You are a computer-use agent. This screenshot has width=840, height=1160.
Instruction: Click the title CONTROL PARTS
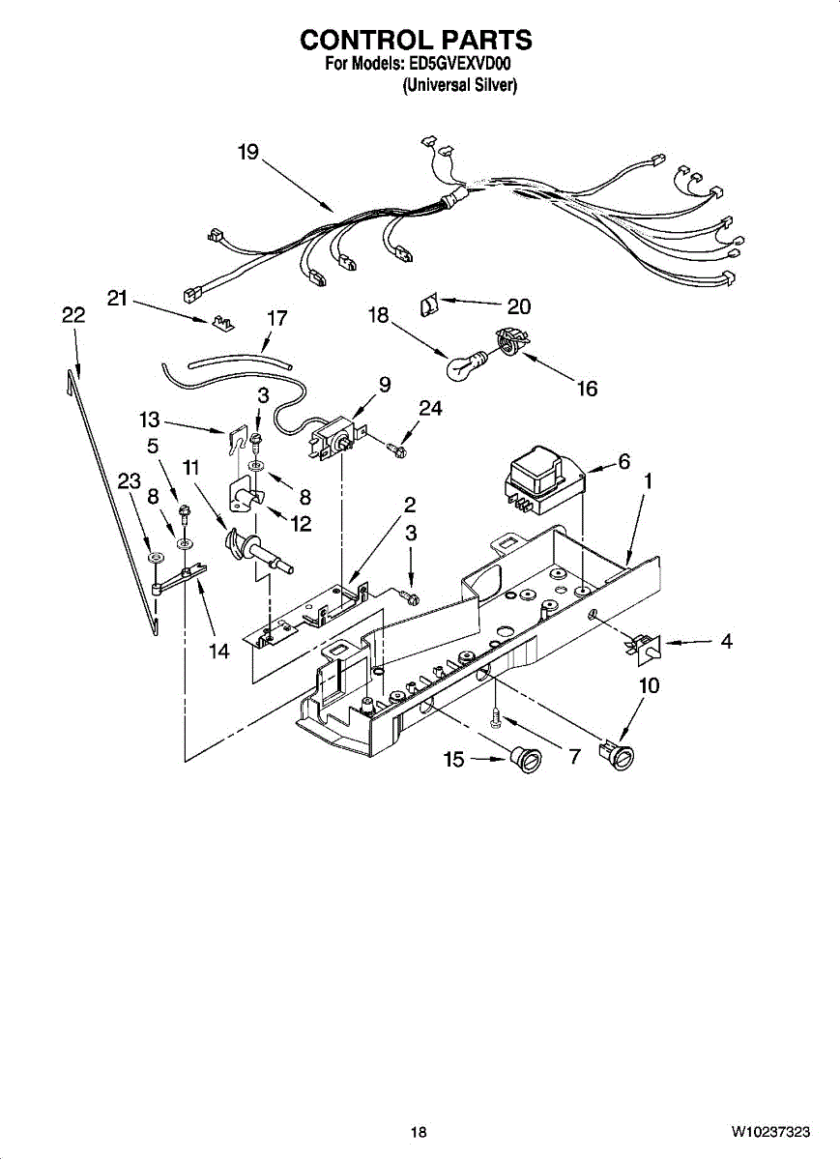[416, 40]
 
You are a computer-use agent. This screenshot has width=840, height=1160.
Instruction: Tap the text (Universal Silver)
[459, 85]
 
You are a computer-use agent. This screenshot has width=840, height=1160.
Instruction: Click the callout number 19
[248, 152]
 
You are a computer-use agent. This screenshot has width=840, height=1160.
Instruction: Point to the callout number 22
[72, 315]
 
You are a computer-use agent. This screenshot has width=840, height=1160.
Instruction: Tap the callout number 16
[587, 389]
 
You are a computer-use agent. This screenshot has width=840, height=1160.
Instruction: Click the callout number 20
[519, 306]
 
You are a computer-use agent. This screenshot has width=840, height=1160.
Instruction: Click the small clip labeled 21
[221, 321]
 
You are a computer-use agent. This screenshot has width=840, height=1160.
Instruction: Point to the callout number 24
[430, 409]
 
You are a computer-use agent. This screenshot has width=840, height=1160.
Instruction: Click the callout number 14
[219, 652]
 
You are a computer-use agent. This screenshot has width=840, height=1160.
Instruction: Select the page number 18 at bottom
[418, 1132]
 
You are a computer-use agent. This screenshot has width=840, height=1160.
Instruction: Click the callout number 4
[726, 641]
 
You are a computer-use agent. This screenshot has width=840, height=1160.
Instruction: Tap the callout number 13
[149, 420]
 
